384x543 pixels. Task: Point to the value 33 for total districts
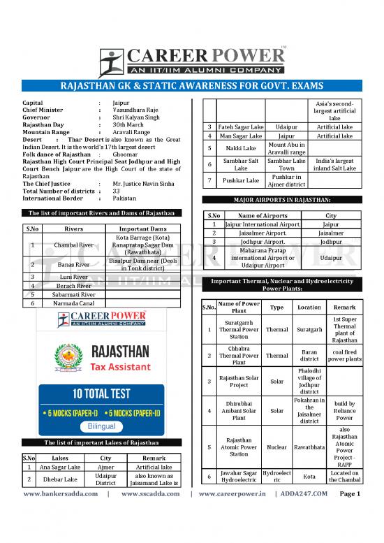(117, 191)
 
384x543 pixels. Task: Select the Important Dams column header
(142, 227)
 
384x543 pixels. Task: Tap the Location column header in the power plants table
(309, 307)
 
